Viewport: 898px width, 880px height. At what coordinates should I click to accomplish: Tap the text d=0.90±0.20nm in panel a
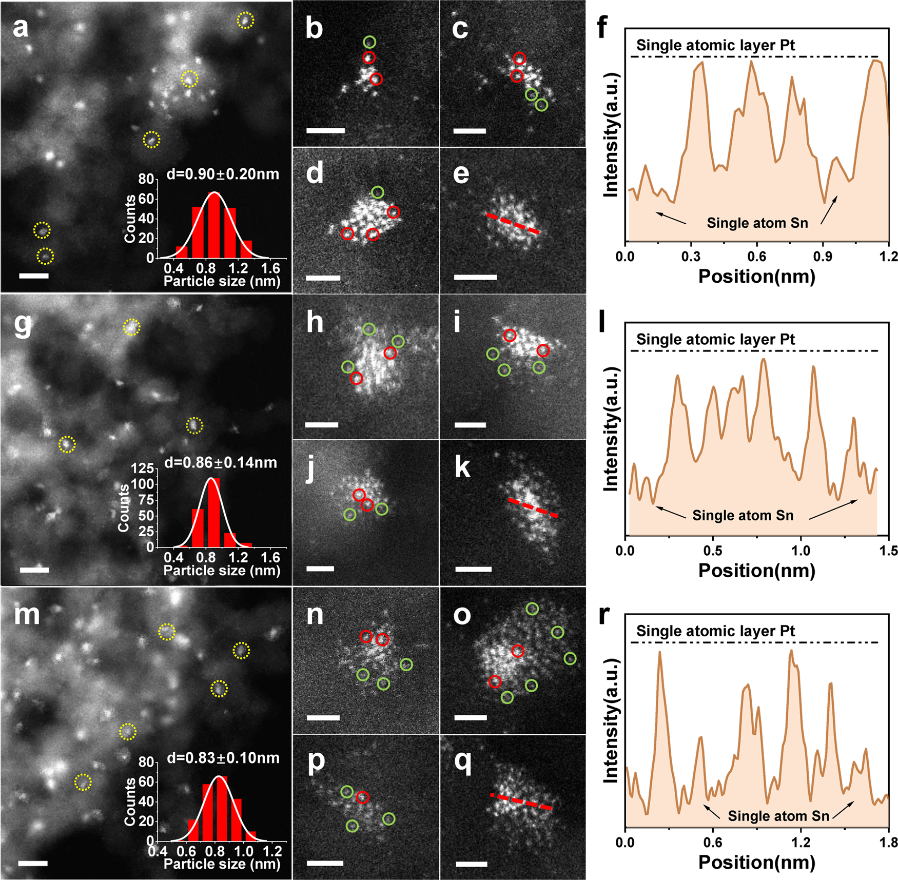(x=223, y=174)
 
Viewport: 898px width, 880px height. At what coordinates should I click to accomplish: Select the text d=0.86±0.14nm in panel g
(x=221, y=463)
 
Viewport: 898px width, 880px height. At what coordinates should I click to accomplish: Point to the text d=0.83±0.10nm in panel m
(x=223, y=758)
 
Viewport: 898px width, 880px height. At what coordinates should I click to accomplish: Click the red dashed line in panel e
(x=513, y=224)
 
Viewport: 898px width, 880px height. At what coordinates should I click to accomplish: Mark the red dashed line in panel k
(x=533, y=507)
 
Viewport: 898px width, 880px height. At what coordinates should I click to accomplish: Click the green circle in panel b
(x=369, y=42)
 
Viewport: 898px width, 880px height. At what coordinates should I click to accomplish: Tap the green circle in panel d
(x=378, y=192)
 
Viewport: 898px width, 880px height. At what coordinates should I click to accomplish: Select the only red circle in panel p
(x=363, y=797)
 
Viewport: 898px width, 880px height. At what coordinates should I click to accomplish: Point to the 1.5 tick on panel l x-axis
(x=888, y=551)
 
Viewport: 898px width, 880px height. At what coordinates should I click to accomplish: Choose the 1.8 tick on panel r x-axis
(x=888, y=842)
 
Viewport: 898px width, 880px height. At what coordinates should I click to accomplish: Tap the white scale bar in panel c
(x=470, y=131)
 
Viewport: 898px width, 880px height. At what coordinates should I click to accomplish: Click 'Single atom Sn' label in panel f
(x=757, y=223)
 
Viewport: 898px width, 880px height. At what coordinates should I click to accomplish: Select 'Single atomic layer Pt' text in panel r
(x=715, y=631)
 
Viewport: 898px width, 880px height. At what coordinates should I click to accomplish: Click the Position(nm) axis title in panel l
(x=757, y=571)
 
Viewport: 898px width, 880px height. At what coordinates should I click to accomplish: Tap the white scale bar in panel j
(x=320, y=569)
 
